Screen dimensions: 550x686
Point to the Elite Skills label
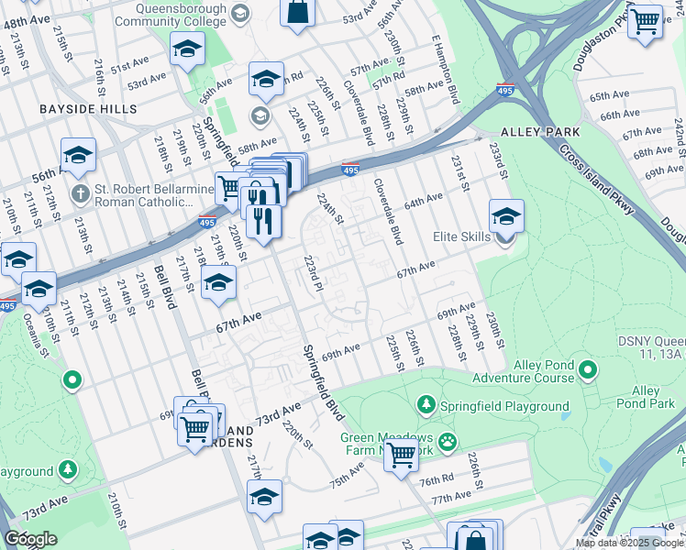462,236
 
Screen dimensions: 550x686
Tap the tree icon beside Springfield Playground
426,404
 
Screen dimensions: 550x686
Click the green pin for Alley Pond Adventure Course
588,371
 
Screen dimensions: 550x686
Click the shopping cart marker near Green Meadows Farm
401,455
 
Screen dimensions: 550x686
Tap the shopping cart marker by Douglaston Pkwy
646,20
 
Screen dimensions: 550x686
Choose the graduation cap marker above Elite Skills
505,216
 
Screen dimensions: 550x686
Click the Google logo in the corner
30,539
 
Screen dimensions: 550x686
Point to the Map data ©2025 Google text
629,543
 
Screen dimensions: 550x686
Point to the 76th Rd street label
437,480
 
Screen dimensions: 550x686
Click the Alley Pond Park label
646,397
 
